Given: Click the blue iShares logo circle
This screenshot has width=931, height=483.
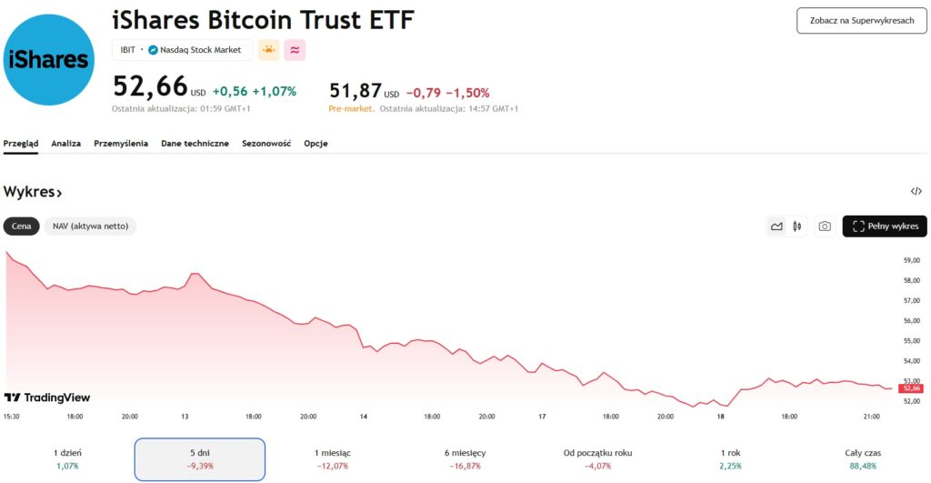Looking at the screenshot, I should (x=49, y=60).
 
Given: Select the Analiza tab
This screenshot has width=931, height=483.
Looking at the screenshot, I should (x=66, y=144).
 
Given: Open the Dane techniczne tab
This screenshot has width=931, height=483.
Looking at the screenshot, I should (x=195, y=144).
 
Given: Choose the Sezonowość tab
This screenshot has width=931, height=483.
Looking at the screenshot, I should (x=266, y=144).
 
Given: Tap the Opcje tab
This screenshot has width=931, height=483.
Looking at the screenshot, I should (x=316, y=144).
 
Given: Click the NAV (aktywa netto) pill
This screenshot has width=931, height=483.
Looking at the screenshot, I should (x=90, y=226).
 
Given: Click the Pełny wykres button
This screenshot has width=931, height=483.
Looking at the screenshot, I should (x=885, y=226).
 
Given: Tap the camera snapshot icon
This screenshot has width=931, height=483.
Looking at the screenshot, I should (x=825, y=226).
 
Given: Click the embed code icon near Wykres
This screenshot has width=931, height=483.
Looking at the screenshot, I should (x=916, y=192).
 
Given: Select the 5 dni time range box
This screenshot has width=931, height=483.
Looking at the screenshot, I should (x=200, y=458).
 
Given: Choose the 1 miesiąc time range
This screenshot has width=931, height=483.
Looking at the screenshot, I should (x=332, y=458).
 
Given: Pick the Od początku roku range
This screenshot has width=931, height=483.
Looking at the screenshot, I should (x=597, y=458).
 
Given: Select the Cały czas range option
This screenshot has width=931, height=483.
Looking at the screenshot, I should (x=863, y=458).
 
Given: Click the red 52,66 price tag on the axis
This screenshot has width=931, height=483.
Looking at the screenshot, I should (x=912, y=388).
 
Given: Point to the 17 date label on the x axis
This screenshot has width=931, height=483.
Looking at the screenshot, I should (x=542, y=417).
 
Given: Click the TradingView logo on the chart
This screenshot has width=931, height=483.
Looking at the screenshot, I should (x=47, y=397).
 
